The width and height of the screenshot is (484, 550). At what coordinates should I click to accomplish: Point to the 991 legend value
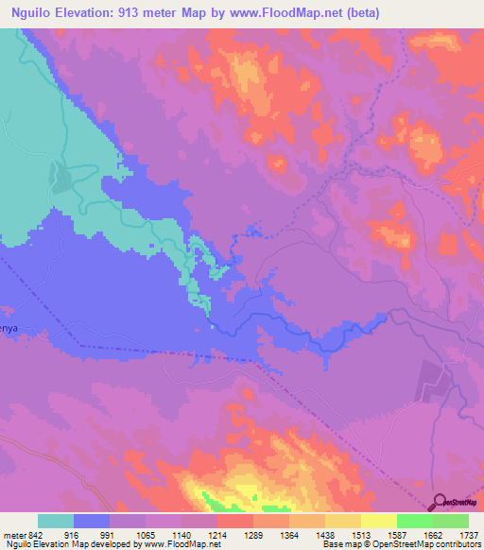coord(110,534)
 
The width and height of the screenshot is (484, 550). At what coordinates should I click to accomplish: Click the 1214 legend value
coord(217,534)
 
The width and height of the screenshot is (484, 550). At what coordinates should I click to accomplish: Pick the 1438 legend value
coord(324,534)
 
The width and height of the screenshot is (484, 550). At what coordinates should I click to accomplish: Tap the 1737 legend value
coord(467,534)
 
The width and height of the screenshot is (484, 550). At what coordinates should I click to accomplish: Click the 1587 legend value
coord(396,534)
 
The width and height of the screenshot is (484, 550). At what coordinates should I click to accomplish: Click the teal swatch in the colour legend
coord(56,521)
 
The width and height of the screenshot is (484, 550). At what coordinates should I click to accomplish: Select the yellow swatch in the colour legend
coord(378,521)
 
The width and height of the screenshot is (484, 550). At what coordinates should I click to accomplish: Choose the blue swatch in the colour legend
coord(92,521)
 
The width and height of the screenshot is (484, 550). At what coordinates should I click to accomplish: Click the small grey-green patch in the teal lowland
coord(60,178)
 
